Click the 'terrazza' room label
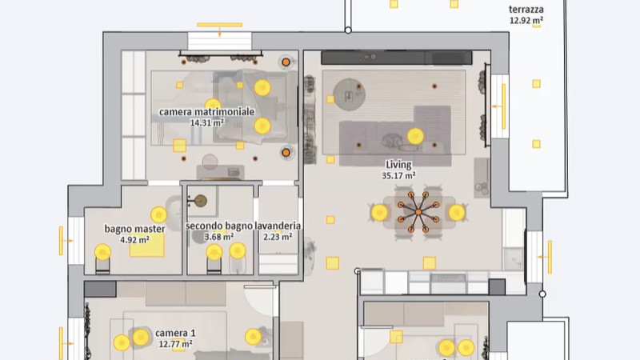click(526, 10)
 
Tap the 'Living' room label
click(398, 165)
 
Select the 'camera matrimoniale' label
click(206, 112)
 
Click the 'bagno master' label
click(134, 229)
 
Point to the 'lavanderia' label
click(278, 226)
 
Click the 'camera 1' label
click(175, 333)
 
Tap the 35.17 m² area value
click(398, 176)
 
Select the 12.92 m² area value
click(526, 21)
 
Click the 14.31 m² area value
click(207, 122)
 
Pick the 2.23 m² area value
click(278, 237)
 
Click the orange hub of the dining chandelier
click(418, 212)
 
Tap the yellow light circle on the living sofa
click(415, 136)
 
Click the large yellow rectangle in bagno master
click(147, 246)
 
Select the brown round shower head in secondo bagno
click(200, 201)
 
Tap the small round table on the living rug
click(349, 94)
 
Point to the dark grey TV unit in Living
click(396, 58)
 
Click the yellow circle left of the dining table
click(379, 213)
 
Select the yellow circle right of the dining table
click(457, 213)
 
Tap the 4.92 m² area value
click(134, 240)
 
